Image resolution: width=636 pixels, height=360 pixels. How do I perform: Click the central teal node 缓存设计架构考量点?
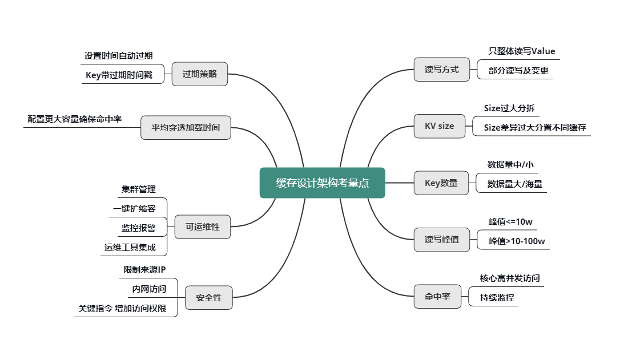(322, 183)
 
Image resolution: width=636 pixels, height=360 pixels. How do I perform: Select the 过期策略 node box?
(200, 74)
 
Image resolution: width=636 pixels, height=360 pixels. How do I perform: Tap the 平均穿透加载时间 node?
(186, 128)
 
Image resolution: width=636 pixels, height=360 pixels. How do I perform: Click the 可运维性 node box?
(202, 227)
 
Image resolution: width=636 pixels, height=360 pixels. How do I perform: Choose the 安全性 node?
(208, 298)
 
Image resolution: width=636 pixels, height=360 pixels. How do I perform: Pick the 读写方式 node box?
(441, 70)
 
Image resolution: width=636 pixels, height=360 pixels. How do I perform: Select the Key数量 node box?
(441, 183)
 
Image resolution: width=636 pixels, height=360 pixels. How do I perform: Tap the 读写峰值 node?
(441, 240)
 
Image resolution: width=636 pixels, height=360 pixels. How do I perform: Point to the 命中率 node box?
(437, 297)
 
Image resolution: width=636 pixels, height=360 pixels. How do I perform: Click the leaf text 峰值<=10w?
(510, 222)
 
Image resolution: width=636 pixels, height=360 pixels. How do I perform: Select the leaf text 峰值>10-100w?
(517, 241)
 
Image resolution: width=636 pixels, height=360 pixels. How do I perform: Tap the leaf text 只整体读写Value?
(521, 51)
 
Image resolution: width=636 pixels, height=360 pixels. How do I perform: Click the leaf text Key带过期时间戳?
(119, 75)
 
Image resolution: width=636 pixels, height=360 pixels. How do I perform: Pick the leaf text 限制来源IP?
(144, 269)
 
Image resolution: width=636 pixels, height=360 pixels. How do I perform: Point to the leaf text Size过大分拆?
(509, 108)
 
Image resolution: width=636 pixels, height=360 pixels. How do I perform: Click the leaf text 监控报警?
(138, 228)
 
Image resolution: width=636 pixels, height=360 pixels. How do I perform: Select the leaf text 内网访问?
(149, 289)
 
